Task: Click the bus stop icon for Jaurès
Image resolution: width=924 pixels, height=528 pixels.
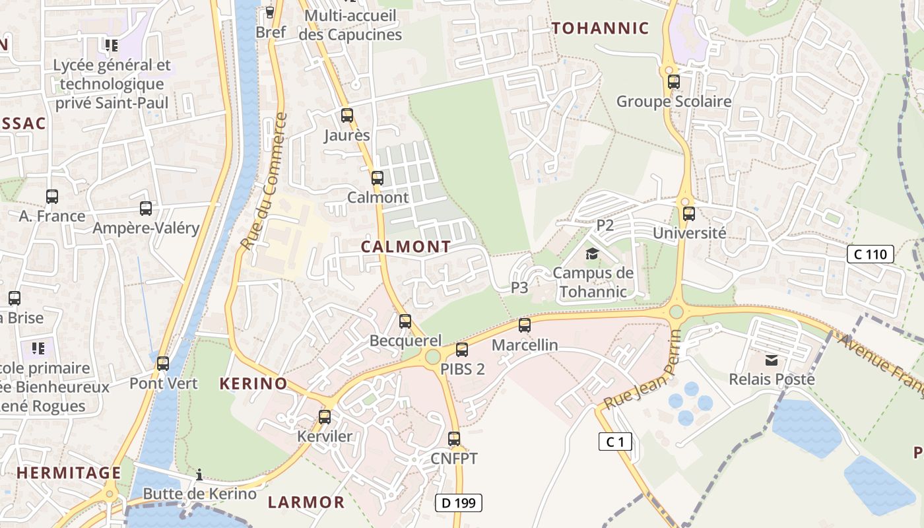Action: (347, 115)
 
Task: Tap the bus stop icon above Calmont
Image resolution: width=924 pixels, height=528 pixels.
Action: (378, 178)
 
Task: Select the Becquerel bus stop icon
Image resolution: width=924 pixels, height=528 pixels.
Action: (405, 321)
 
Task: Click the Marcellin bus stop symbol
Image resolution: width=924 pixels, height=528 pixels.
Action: (525, 325)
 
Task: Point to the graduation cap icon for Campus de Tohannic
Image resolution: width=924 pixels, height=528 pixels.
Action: (592, 253)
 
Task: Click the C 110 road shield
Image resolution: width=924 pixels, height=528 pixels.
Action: (871, 254)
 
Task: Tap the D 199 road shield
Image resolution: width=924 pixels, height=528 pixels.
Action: (459, 503)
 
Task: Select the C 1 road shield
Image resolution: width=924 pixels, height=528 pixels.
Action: (615, 442)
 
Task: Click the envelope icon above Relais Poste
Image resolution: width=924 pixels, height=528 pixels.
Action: (772, 360)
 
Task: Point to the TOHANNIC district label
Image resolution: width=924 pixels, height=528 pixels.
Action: (601, 28)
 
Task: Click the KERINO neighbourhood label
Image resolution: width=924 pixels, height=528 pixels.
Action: (253, 383)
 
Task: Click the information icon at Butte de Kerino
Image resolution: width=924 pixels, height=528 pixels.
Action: (199, 475)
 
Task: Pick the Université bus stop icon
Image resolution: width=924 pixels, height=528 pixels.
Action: (689, 213)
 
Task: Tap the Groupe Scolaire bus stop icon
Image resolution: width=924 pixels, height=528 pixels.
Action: (674, 82)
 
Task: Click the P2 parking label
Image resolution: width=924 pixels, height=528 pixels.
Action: (605, 225)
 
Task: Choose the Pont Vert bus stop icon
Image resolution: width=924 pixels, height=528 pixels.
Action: (163, 363)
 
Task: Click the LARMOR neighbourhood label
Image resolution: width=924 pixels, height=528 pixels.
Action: (306, 502)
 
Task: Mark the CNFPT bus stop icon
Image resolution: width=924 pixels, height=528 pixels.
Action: (454, 438)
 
